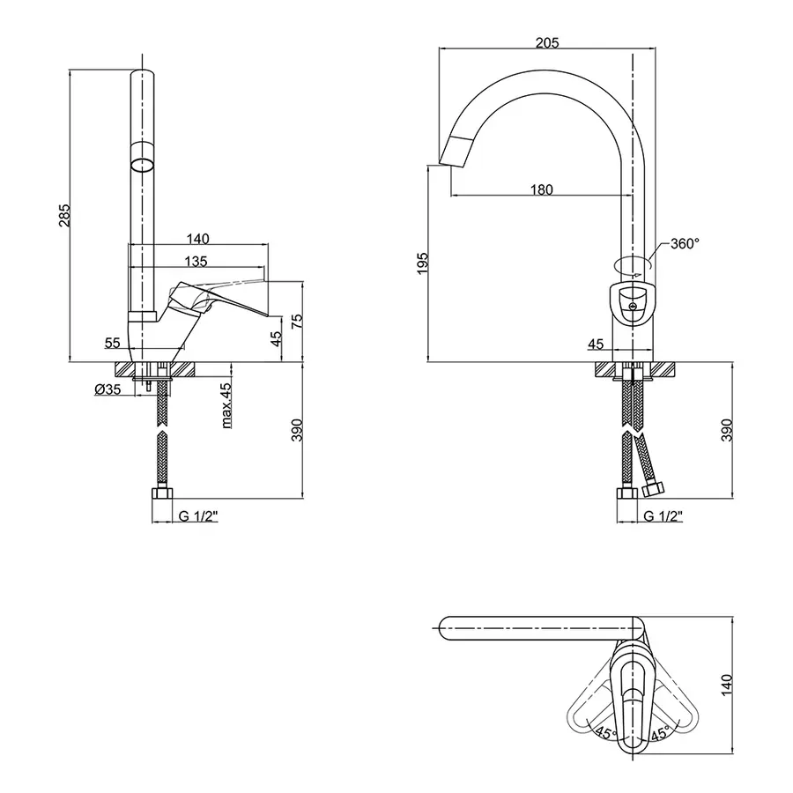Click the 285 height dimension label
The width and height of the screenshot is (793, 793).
[63, 216]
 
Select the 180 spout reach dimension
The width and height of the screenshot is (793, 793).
[541, 189]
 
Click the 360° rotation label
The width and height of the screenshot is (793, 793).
[685, 243]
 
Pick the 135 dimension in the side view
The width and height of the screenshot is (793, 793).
[196, 261]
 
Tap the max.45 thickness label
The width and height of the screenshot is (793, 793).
[226, 404]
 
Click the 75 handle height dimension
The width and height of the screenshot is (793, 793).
[296, 322]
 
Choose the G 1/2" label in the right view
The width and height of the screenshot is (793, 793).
[662, 516]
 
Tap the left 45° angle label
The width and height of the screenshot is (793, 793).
[604, 732]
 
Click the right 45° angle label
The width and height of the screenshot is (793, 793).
[660, 732]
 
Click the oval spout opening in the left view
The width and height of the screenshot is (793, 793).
[142, 165]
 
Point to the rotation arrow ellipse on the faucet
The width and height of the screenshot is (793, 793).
[632, 263]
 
